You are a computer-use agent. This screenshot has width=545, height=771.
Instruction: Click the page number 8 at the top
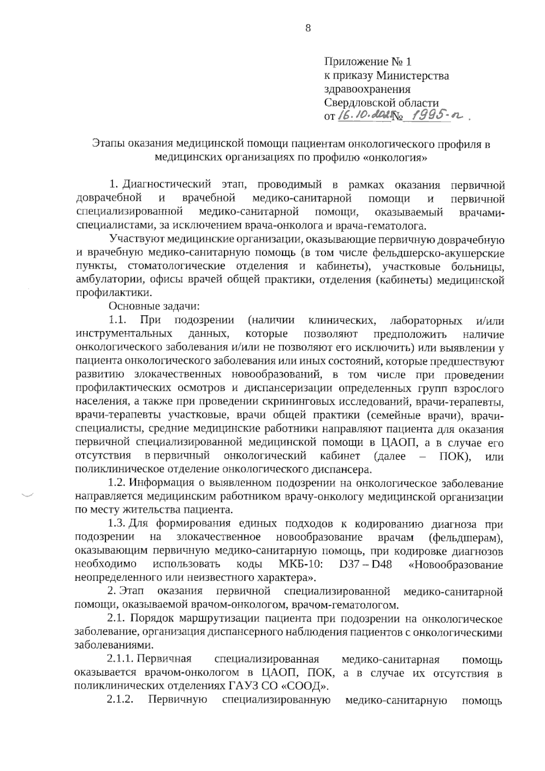point(308,29)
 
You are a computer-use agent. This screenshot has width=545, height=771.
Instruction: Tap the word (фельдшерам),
point(466,537)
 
